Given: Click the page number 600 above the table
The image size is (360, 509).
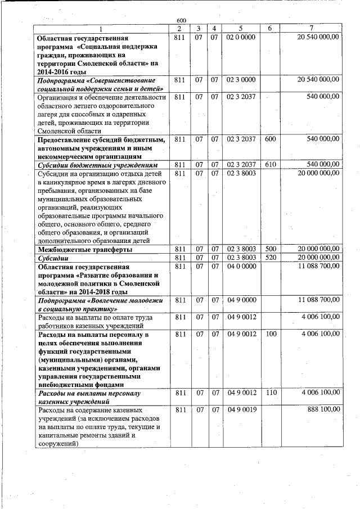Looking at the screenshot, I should pyautogui.click(x=181, y=21).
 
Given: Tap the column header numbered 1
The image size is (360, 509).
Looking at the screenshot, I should pyautogui.click(x=101, y=28).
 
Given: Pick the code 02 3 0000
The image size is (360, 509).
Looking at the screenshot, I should pyautogui.click(x=241, y=80).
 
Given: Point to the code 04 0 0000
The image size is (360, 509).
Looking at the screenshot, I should pyautogui.click(x=241, y=267).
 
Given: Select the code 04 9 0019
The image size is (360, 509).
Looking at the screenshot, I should pyautogui.click(x=241, y=410).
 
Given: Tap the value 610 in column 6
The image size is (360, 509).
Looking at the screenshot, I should pyautogui.click(x=270, y=165).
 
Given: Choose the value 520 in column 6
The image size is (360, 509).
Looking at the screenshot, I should pyautogui.click(x=270, y=258).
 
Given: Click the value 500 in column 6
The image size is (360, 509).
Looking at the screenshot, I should pyautogui.click(x=270, y=249).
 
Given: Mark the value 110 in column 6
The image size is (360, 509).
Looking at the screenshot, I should pyautogui.click(x=270, y=392).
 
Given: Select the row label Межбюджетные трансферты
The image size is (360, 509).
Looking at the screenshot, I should pyautogui.click(x=84, y=249).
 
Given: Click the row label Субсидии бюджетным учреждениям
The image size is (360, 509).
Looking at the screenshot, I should pyautogui.click(x=93, y=165).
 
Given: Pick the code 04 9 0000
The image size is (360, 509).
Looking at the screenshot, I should pyautogui.click(x=241, y=300).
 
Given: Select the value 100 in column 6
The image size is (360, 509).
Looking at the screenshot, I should pyautogui.click(x=270, y=335).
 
